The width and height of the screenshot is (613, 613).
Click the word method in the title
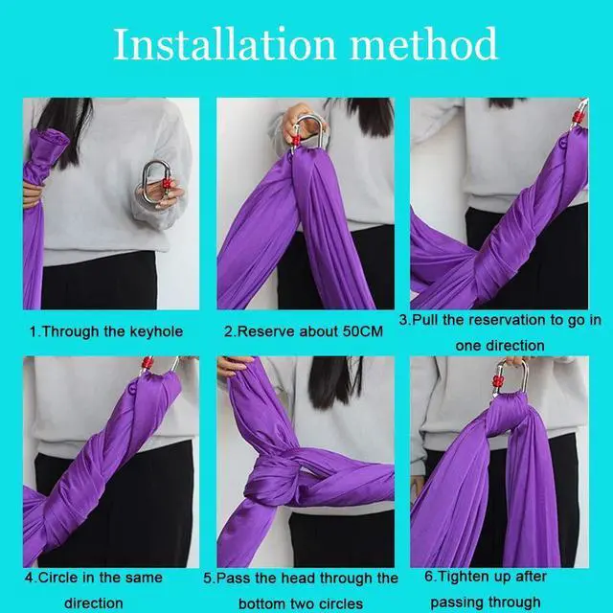click(422, 44)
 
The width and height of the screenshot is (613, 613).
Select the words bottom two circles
click(302, 603)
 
